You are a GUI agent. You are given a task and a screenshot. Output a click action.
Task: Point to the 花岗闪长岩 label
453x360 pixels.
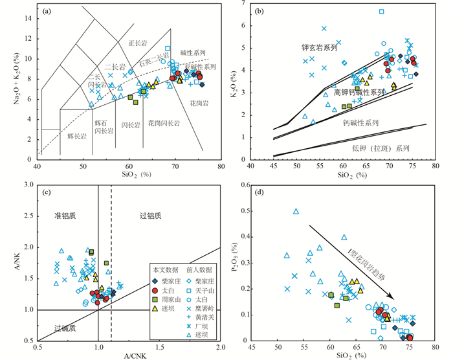pyautogui.click(x=164, y=122)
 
